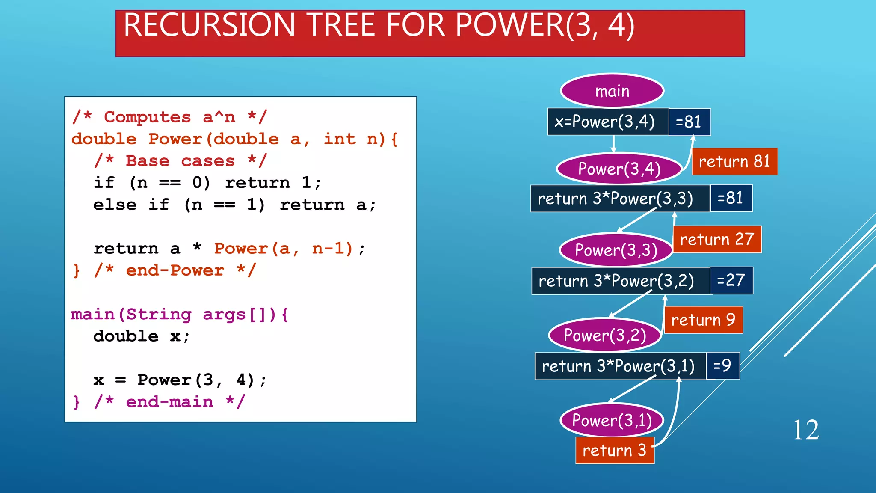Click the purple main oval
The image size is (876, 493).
click(x=612, y=91)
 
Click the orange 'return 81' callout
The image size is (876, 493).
click(x=734, y=162)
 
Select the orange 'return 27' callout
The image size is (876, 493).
click(x=717, y=239)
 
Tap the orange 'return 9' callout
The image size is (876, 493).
click(x=703, y=320)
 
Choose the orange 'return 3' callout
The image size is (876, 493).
click(x=615, y=450)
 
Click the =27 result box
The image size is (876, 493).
click(x=731, y=280)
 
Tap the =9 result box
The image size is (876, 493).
click(x=722, y=365)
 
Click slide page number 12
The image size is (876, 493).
click(x=806, y=430)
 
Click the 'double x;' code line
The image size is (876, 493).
click(x=141, y=336)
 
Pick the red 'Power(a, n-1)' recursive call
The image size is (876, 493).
click(x=284, y=249)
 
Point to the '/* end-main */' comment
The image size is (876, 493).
click(x=169, y=402)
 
